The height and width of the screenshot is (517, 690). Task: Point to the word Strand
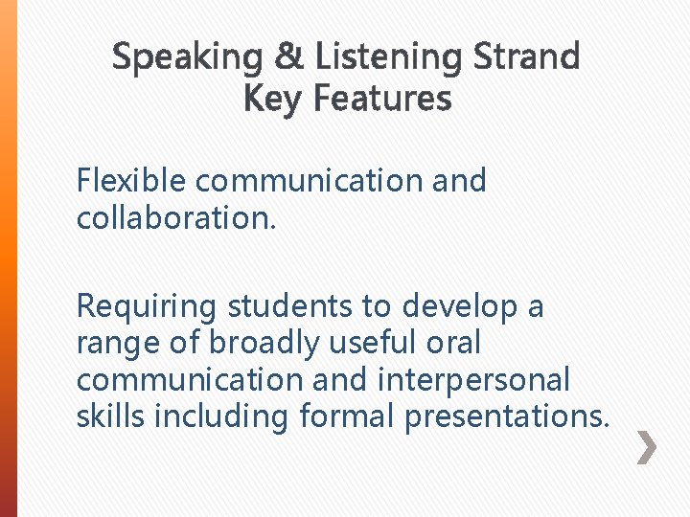[527, 57]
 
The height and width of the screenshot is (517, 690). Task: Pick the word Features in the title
[382, 98]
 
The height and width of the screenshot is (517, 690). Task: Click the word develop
[462, 308]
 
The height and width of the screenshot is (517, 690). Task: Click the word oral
[453, 343]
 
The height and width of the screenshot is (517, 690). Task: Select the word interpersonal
[473, 381]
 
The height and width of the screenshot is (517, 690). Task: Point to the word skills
[109, 416]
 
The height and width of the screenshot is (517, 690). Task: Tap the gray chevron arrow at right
[648, 447]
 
